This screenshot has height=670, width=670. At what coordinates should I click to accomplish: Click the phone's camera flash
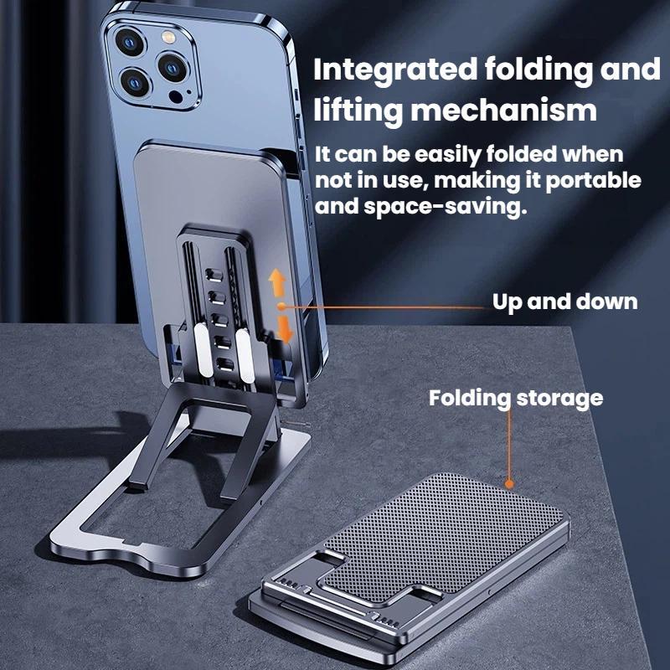pyautogui.click(x=168, y=37)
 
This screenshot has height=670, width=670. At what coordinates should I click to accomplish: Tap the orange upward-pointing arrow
pyautogui.click(x=277, y=282)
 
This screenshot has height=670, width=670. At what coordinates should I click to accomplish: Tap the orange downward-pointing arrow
pyautogui.click(x=284, y=329)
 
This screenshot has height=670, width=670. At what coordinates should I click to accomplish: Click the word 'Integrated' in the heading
pyautogui.click(x=395, y=70)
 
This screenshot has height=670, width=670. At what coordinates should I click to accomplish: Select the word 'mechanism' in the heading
pyautogui.click(x=504, y=111)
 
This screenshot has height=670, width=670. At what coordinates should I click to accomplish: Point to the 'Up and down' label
pyautogui.click(x=564, y=301)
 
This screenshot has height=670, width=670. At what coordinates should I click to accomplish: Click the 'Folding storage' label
pyautogui.click(x=516, y=399)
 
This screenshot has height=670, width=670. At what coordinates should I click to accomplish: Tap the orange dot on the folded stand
pyautogui.click(x=509, y=484)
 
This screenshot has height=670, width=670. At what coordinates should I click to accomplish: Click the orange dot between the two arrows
pyautogui.click(x=281, y=306)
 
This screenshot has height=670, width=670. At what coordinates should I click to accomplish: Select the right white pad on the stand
pyautogui.click(x=245, y=355)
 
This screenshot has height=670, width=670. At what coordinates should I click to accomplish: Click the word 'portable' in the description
pyautogui.click(x=593, y=181)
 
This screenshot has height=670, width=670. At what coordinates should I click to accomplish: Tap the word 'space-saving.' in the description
pyautogui.click(x=445, y=207)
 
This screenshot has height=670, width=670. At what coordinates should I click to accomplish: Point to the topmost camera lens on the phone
pyautogui.click(x=130, y=42)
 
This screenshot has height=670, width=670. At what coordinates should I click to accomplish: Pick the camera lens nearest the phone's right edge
pyautogui.click(x=173, y=67)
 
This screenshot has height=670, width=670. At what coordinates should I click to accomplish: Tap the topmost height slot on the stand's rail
pyautogui.click(x=214, y=275)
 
